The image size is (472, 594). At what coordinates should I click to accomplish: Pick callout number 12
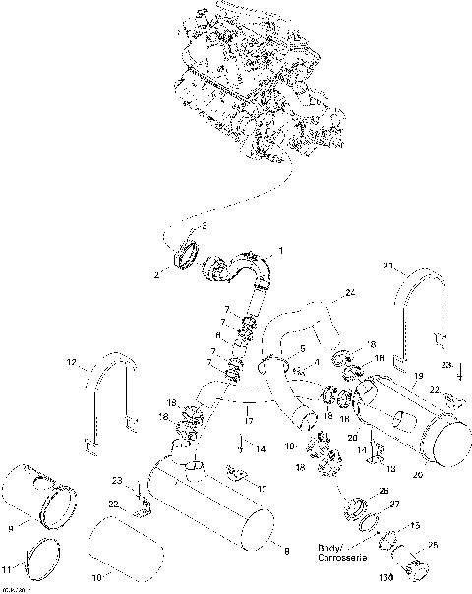click(x=70, y=364)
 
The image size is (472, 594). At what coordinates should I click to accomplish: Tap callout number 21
click(x=388, y=266)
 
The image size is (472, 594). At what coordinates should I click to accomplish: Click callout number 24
click(x=350, y=293)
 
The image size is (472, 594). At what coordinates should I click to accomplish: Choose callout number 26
click(x=383, y=492)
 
